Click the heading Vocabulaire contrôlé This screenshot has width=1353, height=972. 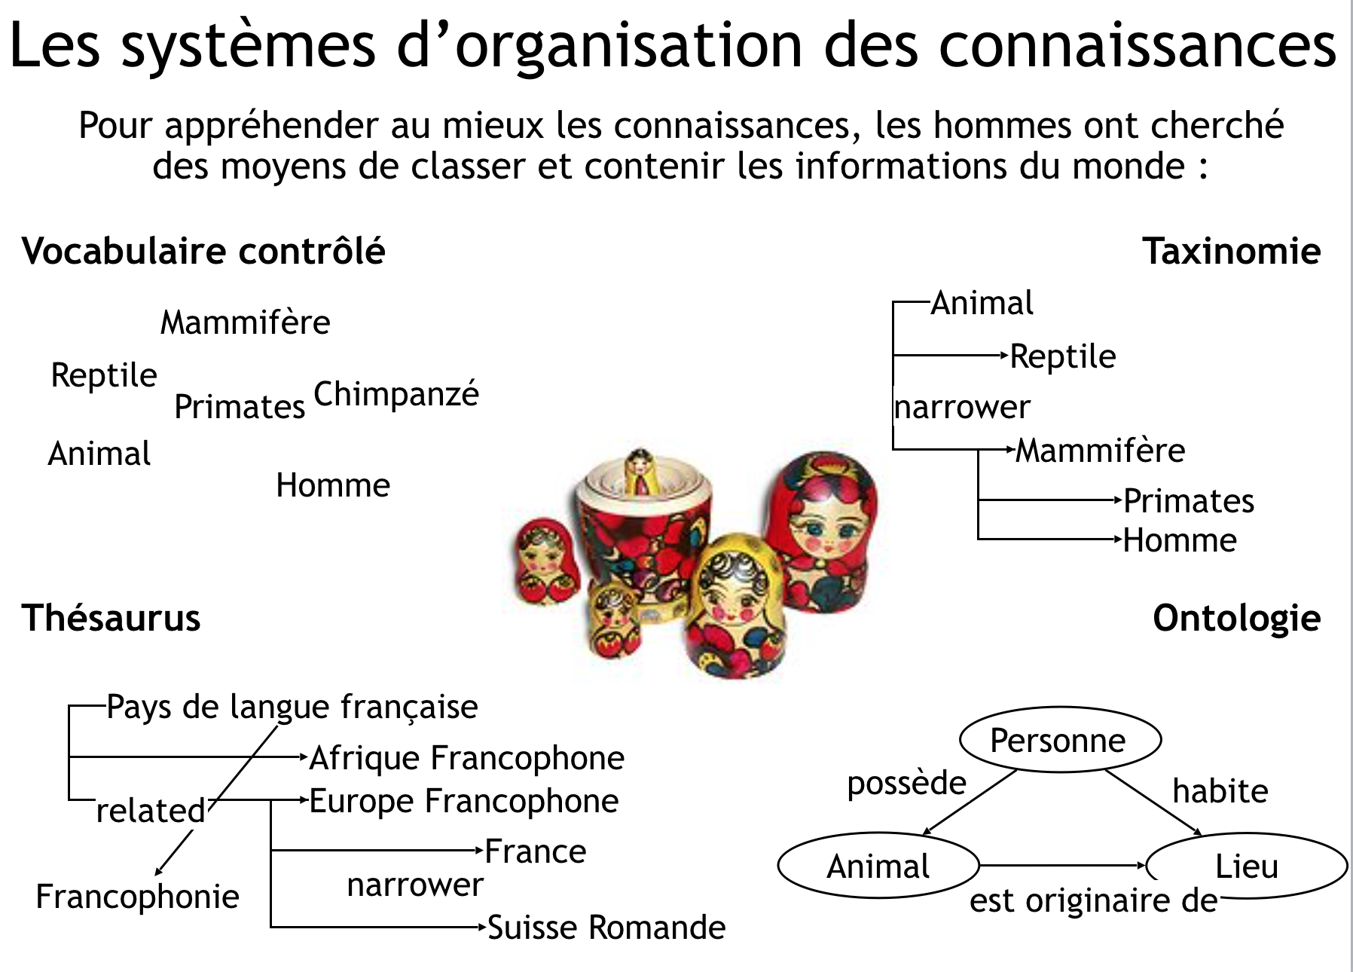(x=203, y=251)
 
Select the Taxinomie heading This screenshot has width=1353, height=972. (x=1231, y=251)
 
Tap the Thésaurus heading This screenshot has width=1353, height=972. (x=111, y=618)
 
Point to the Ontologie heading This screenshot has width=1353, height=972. (x=1236, y=618)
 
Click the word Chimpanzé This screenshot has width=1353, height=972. (x=396, y=393)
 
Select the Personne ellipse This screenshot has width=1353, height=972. (x=1059, y=740)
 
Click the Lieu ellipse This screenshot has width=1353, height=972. (x=1247, y=866)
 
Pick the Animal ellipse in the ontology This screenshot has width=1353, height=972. (x=878, y=866)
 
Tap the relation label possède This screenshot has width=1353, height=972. (x=906, y=784)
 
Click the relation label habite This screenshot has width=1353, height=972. (x=1220, y=791)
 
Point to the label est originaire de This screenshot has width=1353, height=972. (x=1093, y=900)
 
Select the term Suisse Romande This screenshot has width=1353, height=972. (x=606, y=928)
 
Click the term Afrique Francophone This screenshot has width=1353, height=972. (x=467, y=758)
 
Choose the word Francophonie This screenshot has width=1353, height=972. (x=137, y=897)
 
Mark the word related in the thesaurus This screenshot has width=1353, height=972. (x=151, y=812)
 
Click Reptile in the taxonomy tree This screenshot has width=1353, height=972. (x=1062, y=356)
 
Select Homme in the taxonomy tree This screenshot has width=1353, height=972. (x=1180, y=540)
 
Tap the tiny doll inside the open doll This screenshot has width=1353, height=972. (x=640, y=471)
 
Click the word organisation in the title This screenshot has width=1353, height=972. (x=628, y=45)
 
